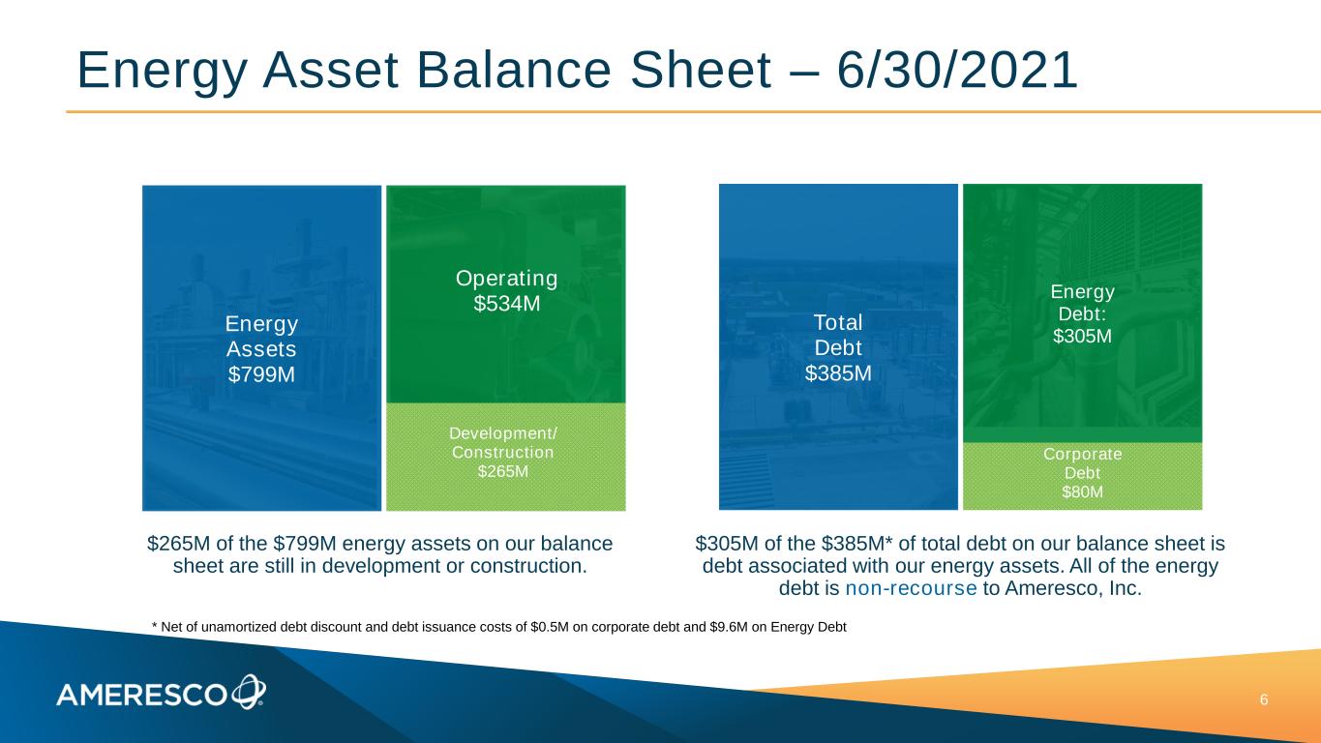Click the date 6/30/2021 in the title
pyautogui.click(x=957, y=71)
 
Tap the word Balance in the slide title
pyautogui.click(x=514, y=71)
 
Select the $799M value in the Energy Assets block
pyautogui.click(x=261, y=374)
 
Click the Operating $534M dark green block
pyautogui.click(x=506, y=294)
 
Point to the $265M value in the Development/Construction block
pyautogui.click(x=503, y=472)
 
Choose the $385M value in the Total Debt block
pyautogui.click(x=838, y=373)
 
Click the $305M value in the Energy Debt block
pyautogui.click(x=1082, y=336)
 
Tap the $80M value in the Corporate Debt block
pyautogui.click(x=1082, y=491)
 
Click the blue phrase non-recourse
pyautogui.click(x=911, y=588)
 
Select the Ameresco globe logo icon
pyautogui.click(x=249, y=692)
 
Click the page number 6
pyautogui.click(x=1264, y=700)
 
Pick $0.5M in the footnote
pyautogui.click(x=550, y=627)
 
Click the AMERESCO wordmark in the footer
pyautogui.click(x=141, y=696)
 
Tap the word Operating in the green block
pyautogui.click(x=506, y=279)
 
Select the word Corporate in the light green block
pyautogui.click(x=1083, y=454)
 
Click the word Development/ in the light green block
pyautogui.click(x=503, y=433)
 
